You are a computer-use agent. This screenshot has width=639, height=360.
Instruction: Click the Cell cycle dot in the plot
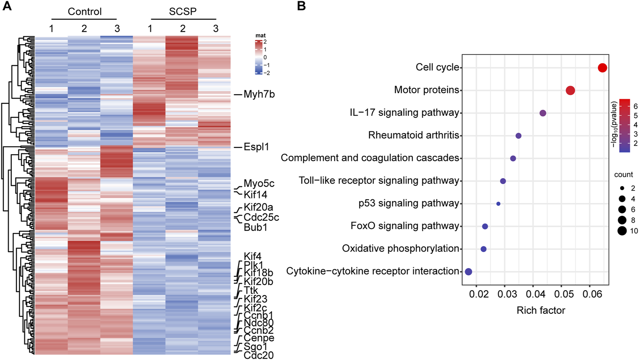click(602, 68)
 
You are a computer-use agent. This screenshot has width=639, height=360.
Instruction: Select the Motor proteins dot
click(570, 90)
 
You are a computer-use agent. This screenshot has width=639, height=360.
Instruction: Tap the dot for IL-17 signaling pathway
click(543, 113)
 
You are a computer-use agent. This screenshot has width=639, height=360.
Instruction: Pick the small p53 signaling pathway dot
click(498, 204)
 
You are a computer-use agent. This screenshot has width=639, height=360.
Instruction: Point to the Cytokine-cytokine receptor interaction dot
click(468, 272)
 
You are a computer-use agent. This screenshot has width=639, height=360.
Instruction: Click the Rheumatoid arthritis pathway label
click(413, 135)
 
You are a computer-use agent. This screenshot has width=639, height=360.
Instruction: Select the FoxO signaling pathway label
click(405, 226)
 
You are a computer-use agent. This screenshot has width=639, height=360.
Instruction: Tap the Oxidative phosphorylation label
click(400, 248)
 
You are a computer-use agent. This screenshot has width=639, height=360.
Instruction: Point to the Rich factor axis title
click(541, 310)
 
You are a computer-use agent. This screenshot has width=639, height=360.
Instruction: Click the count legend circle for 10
click(622, 231)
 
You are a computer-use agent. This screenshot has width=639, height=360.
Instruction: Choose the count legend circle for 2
click(622, 188)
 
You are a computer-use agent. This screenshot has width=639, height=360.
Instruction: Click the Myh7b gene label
click(259, 94)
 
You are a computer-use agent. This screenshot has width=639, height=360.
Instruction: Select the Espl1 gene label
click(256, 147)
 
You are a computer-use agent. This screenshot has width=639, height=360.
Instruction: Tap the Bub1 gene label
click(255, 227)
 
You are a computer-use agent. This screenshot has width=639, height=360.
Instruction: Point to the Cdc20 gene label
click(259, 355)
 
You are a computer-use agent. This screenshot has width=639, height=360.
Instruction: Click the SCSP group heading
click(183, 12)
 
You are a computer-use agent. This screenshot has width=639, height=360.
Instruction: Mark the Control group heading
click(84, 12)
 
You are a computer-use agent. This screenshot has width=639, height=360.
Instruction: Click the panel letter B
click(301, 6)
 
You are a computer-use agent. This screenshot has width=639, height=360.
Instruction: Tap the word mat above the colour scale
click(260, 36)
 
